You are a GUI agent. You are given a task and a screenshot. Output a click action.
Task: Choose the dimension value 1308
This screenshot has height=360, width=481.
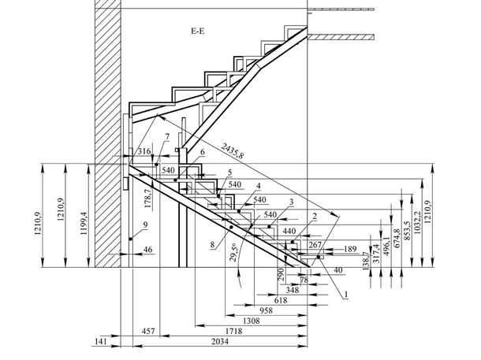[x=251, y=321]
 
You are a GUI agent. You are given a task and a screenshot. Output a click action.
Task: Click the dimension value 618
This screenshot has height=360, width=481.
[x=280, y=300]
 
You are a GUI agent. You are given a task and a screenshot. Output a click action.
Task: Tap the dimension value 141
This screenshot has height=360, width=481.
[x=100, y=342]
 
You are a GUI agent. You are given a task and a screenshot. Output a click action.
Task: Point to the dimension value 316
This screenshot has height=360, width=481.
[x=144, y=150]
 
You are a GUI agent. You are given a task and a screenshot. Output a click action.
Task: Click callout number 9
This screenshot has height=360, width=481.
[x=145, y=226]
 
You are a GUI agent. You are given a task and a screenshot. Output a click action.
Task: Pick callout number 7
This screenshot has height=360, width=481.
[x=167, y=137]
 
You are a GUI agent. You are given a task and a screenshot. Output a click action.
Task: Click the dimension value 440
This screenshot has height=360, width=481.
[x=289, y=232]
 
